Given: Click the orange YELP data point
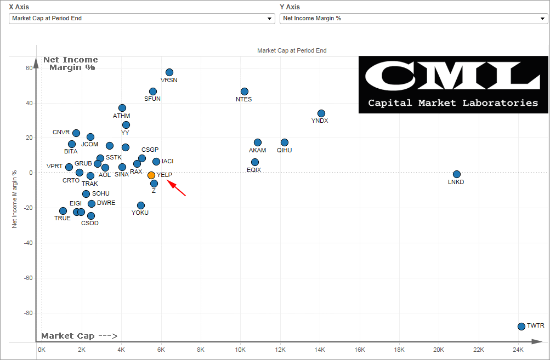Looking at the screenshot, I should (x=151, y=175).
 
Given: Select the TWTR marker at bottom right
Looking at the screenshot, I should (x=521, y=326).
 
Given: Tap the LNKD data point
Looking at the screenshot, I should (x=457, y=174).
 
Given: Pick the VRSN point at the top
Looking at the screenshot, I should (x=169, y=72).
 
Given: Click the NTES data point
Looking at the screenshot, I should (x=245, y=92).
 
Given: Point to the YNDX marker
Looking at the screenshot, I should (x=321, y=113).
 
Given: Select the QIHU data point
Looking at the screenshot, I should (x=285, y=142).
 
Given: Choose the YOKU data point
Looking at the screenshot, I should (x=141, y=205).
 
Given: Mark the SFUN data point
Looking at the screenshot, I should (x=153, y=92).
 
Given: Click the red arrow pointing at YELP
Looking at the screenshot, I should (x=177, y=187).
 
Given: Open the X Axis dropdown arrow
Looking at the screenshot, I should (x=269, y=19).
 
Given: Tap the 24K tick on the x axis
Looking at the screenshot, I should (x=518, y=350).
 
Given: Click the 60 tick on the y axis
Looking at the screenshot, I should (x=28, y=68).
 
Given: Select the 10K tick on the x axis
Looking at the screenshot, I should (x=240, y=350).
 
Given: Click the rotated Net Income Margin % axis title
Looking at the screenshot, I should (x=15, y=198).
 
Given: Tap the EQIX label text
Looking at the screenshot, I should (x=254, y=170).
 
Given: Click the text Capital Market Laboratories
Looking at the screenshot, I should (x=453, y=102).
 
